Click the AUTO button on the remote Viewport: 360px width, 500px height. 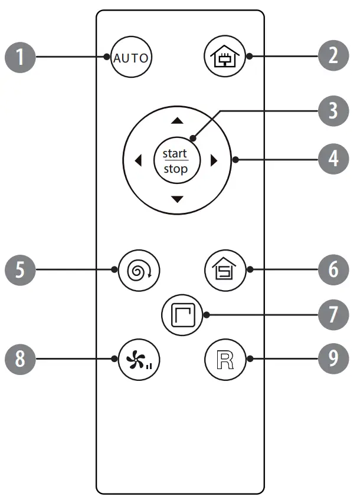132,58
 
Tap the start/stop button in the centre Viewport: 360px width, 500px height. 176,161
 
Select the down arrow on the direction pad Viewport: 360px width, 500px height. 176,200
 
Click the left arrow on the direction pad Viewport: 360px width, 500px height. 138,161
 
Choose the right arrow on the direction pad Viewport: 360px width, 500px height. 215,161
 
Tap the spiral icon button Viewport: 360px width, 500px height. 139,271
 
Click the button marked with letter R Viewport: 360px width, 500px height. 225,359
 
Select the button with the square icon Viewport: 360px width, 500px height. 182,315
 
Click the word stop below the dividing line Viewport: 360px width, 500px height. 176,169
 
